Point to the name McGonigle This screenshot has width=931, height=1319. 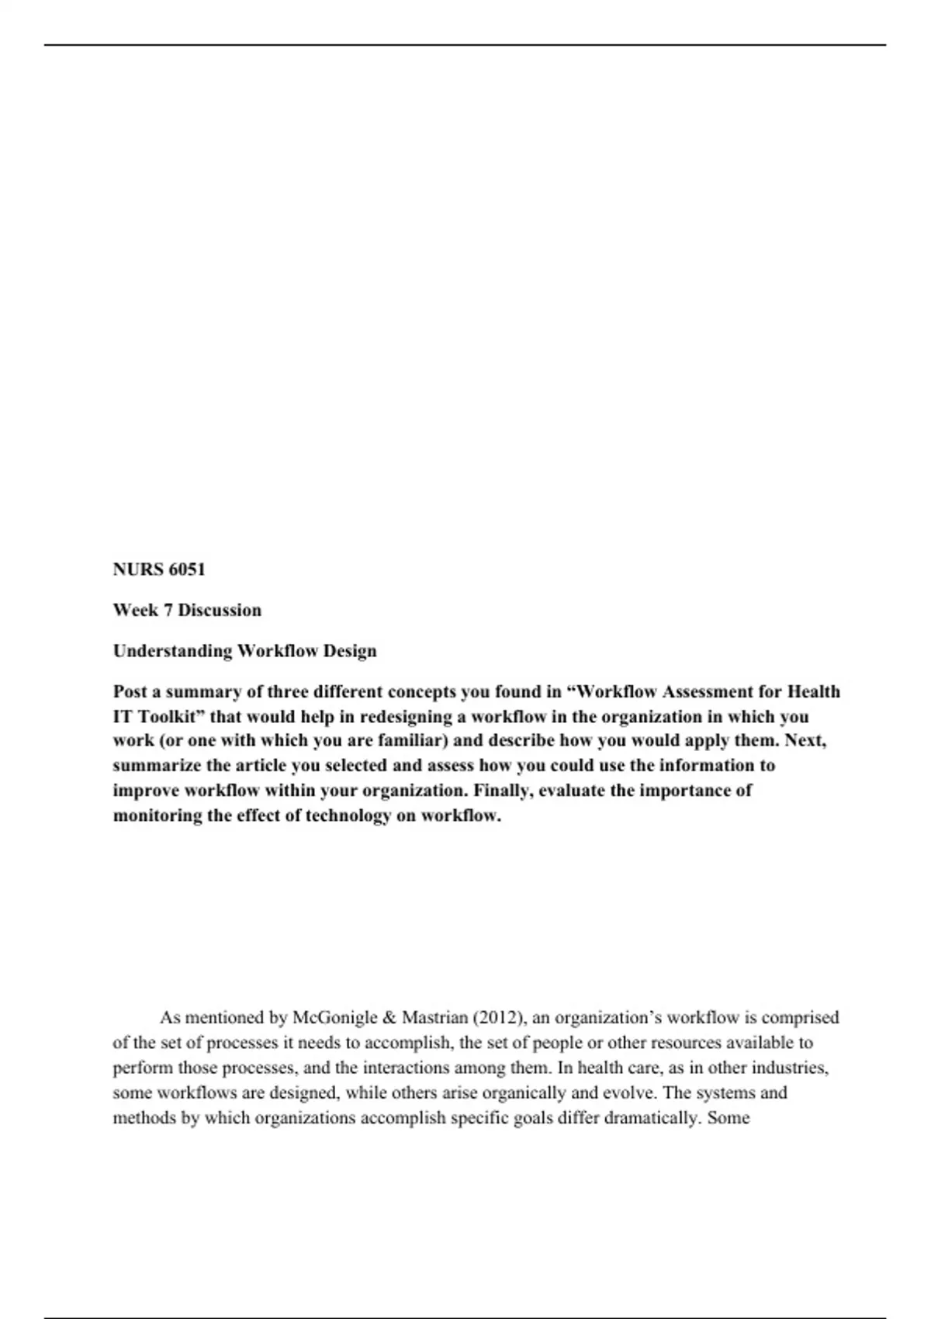pos(335,1017)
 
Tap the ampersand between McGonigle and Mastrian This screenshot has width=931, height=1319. pos(389,1017)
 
